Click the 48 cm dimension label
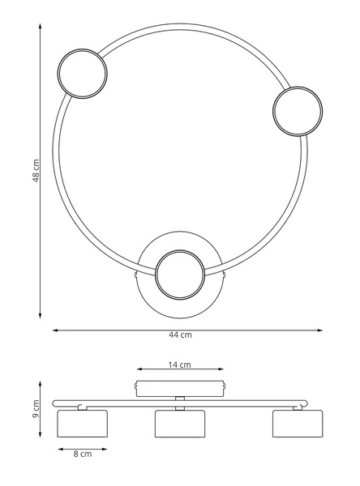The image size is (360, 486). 36,170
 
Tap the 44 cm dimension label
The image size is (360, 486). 180,335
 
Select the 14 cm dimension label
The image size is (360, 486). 180,364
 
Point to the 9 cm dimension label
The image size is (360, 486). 36,408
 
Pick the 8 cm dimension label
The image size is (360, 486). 83,454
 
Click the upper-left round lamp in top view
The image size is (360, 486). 82,74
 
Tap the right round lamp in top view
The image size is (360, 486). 298,111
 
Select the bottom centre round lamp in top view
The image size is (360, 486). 180,275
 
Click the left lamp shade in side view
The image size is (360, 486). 82,424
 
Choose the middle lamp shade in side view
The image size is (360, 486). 180,424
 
